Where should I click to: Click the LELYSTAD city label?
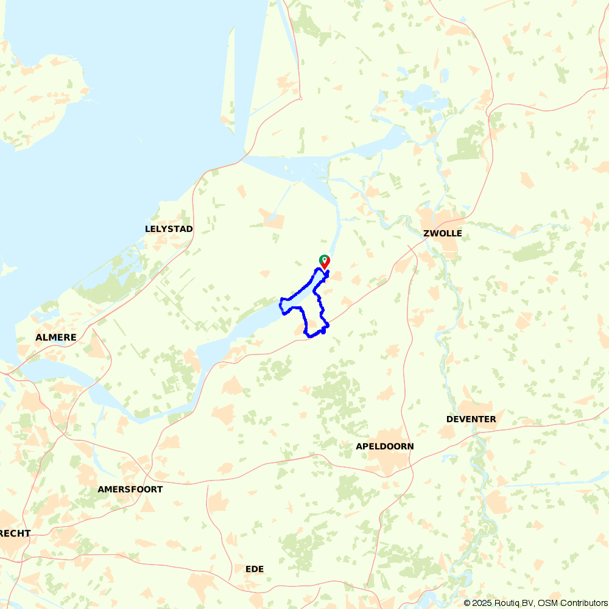pyautogui.click(x=169, y=229)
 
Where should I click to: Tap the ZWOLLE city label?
pyautogui.click(x=443, y=233)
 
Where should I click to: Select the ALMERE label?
pyautogui.click(x=56, y=337)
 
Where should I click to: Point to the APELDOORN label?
pyautogui.click(x=385, y=446)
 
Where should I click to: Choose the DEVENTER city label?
pyautogui.click(x=471, y=419)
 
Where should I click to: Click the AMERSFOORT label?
pyautogui.click(x=130, y=489)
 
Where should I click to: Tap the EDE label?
pyautogui.click(x=255, y=569)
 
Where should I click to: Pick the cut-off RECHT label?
pyautogui.click(x=15, y=533)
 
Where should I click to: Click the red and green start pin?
pyautogui.click(x=325, y=261)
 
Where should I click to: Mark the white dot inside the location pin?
pyautogui.click(x=325, y=259)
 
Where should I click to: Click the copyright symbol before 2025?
pyautogui.click(x=468, y=603)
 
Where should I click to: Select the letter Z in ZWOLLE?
pyautogui.click(x=426, y=233)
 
